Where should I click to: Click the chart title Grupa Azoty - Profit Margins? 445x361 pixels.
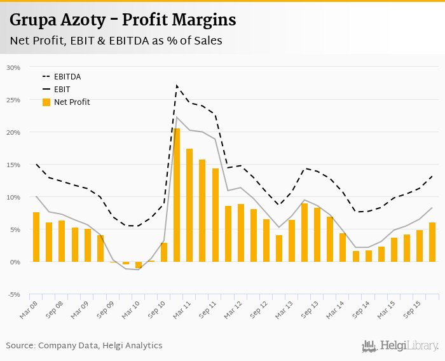(x=123, y=20)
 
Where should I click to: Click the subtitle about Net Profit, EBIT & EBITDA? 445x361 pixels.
(x=116, y=41)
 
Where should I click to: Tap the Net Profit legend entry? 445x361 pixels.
(x=71, y=102)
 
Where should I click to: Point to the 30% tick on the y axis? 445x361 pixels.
(x=13, y=67)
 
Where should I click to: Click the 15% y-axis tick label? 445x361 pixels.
(x=13, y=165)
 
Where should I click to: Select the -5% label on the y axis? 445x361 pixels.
(x=13, y=294)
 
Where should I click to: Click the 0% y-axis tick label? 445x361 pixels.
(x=14, y=262)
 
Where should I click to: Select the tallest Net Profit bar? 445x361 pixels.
(x=177, y=194)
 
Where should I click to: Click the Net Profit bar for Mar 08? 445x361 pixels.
(x=36, y=236)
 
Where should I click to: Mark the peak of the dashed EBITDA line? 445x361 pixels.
(x=177, y=85)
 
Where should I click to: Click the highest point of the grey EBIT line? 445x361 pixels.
(x=177, y=117)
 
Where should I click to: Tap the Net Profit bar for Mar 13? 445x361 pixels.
(x=292, y=240)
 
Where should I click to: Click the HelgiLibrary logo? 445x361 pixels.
(x=400, y=346)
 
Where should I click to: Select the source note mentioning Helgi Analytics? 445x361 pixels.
(x=84, y=346)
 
